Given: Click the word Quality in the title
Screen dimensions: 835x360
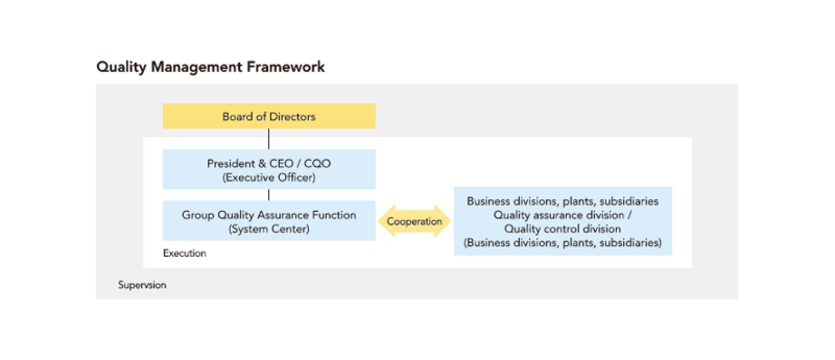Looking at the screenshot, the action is pos(122,67).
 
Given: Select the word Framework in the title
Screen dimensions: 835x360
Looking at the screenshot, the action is pos(285,67).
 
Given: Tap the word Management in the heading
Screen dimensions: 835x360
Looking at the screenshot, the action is pos(196,67).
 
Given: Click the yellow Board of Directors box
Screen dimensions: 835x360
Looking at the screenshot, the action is pos(269,116).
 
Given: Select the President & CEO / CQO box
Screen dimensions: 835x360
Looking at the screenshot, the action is pos(269,169).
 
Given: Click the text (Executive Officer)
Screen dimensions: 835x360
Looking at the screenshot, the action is pos(269,177).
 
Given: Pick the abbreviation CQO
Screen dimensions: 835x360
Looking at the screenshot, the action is pos(318,164).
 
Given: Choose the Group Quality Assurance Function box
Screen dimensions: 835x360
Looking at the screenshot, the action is pos(269,221).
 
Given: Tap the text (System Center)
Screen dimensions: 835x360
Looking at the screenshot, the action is pos(269,229).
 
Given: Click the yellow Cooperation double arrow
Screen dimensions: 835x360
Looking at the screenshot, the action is pos(414,221).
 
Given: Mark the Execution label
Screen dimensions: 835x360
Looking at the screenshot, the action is pos(185,254).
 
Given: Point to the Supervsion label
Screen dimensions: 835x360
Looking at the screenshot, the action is pos(142,285).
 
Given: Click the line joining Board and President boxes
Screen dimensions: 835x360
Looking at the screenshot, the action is pos(269,139).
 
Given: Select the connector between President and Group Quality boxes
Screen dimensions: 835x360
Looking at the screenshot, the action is pos(269,195).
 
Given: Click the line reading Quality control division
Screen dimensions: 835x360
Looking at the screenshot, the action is pos(563,229).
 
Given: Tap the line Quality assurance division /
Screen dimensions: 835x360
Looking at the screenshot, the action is pos(563,215).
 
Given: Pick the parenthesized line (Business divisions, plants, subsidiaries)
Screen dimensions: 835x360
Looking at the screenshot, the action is pos(563,243).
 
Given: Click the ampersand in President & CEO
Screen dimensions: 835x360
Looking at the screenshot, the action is pos(263,164).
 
